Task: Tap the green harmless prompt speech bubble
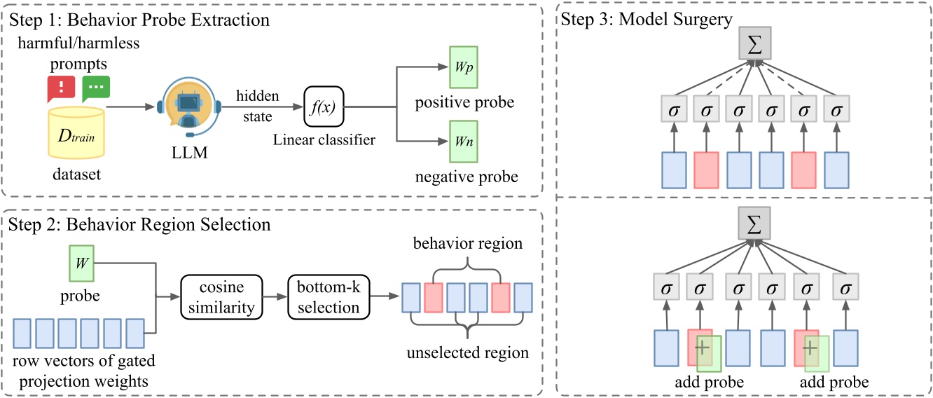(x=96, y=88)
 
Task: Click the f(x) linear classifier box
(x=324, y=107)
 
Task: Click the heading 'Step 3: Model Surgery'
(x=646, y=19)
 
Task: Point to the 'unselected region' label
(x=467, y=352)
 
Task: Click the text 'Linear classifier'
(x=324, y=140)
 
